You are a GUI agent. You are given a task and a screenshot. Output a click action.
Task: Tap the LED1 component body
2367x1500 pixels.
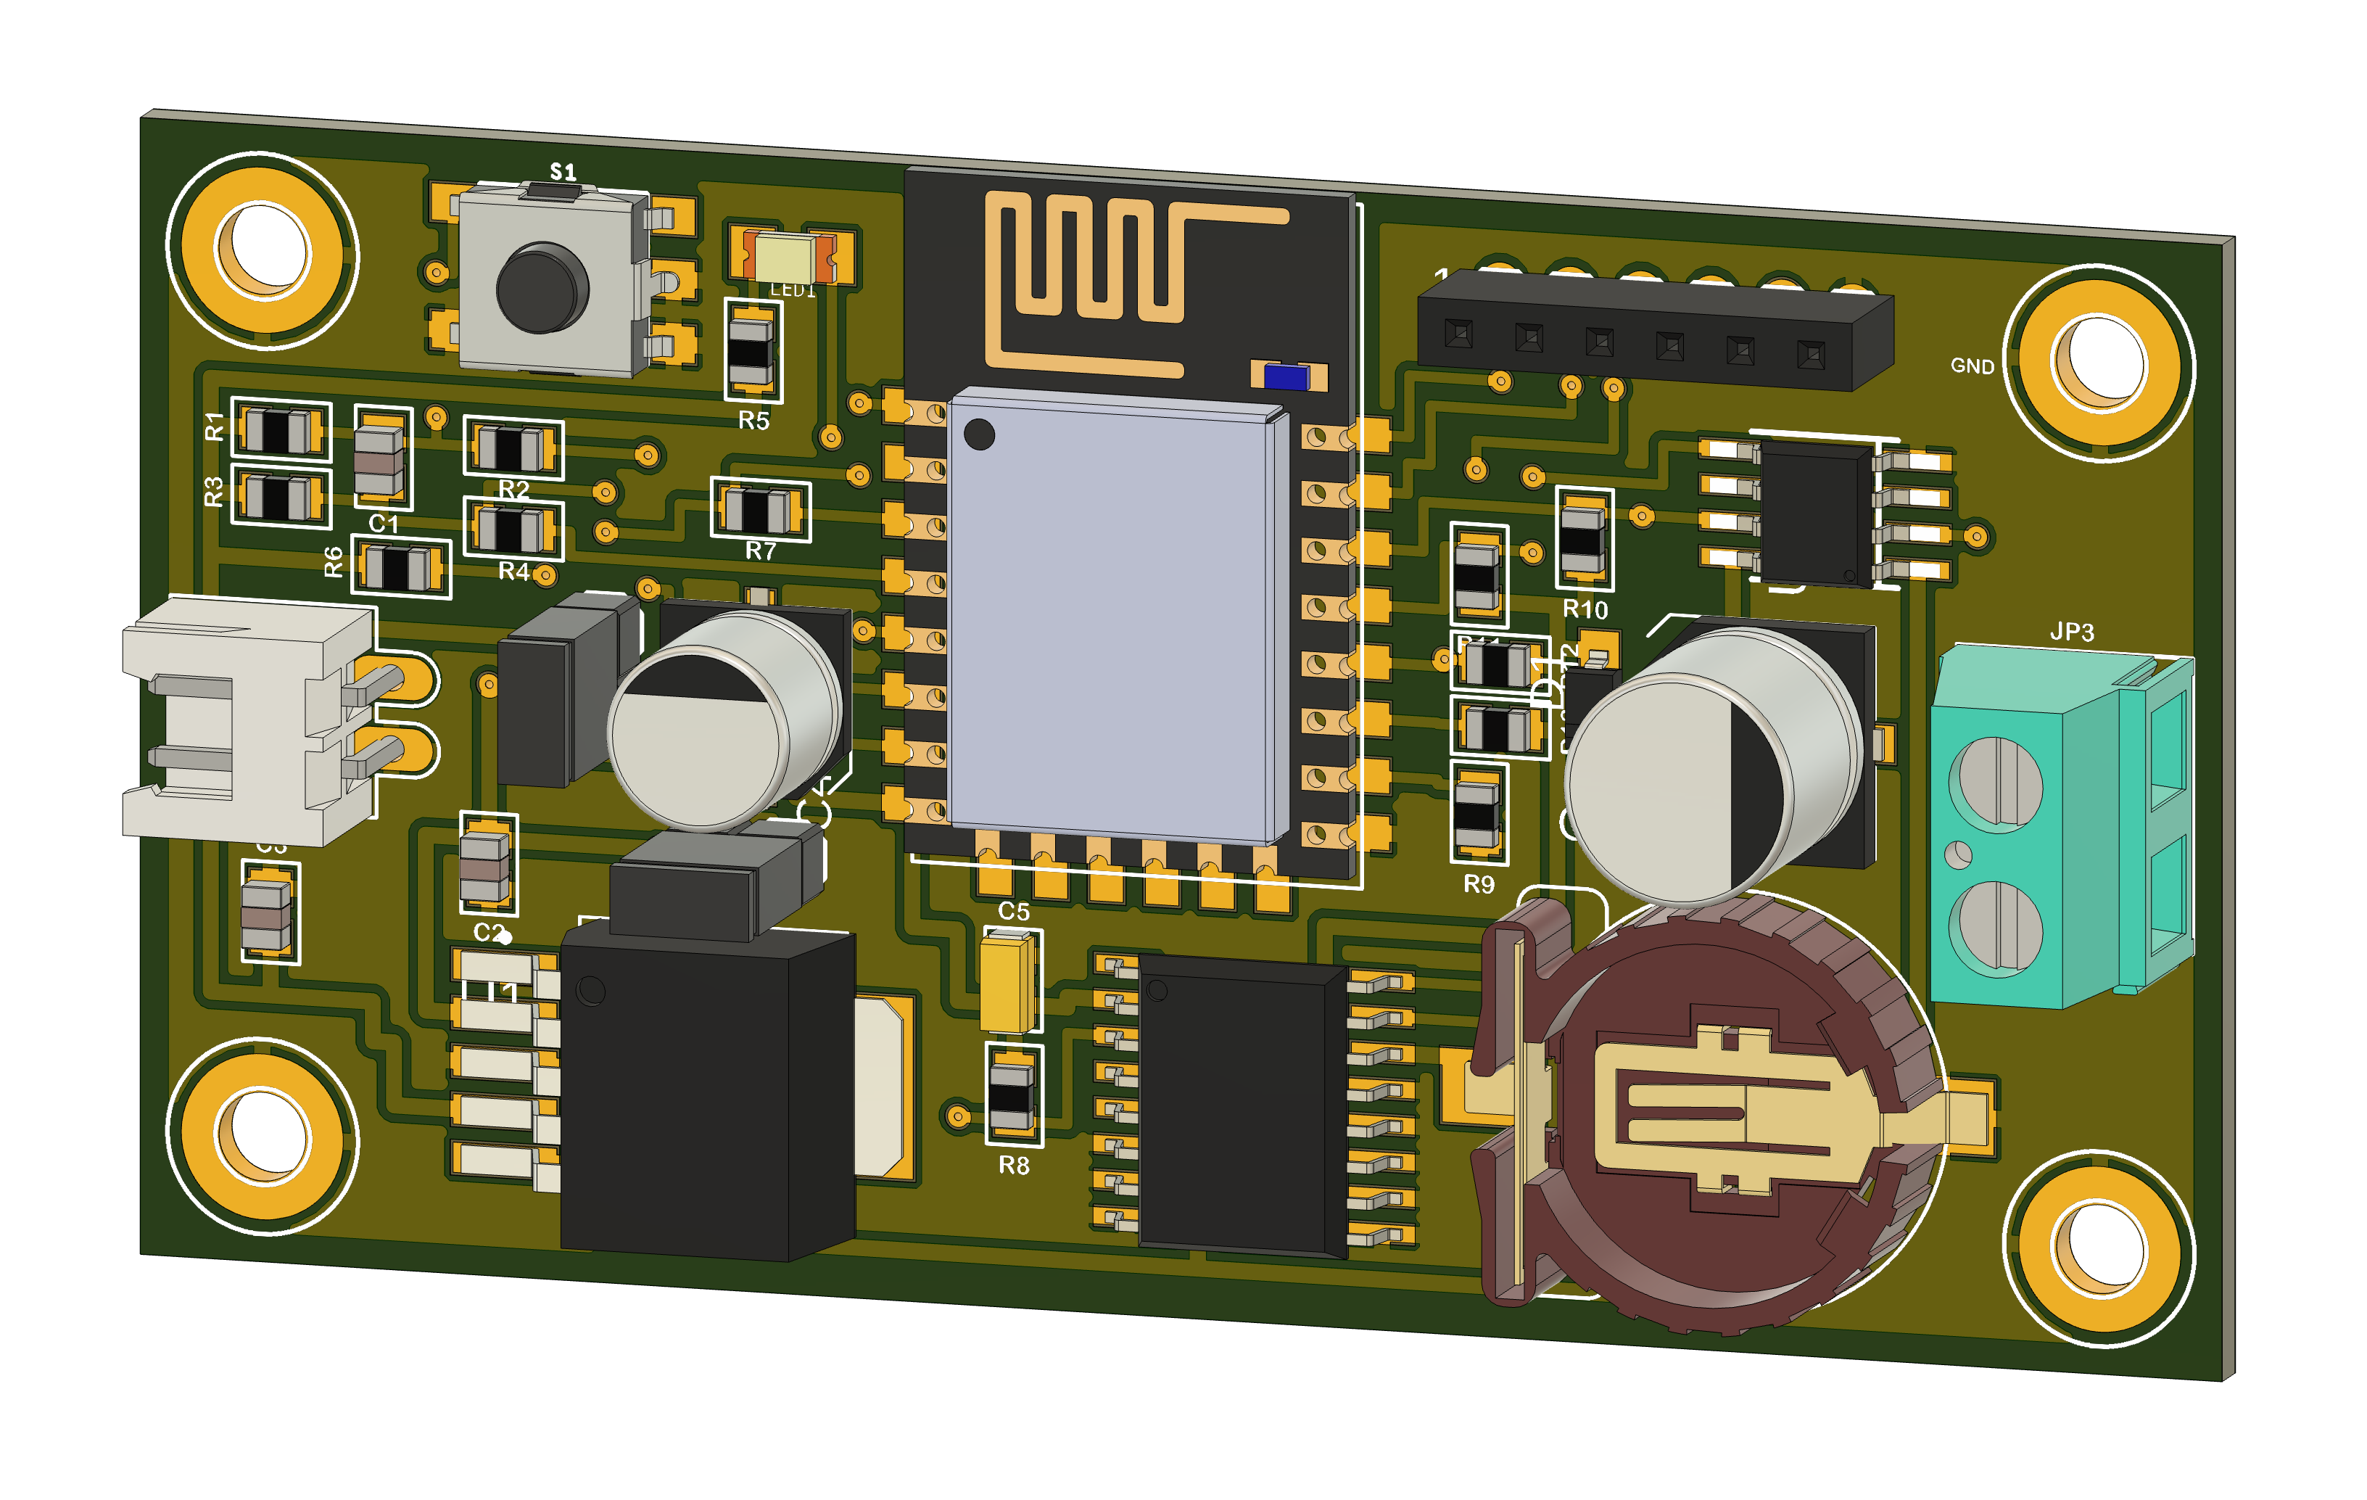pos(785,257)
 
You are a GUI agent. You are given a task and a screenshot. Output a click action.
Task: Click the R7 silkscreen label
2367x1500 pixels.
pos(760,551)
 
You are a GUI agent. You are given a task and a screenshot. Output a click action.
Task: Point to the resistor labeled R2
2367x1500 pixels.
pos(512,448)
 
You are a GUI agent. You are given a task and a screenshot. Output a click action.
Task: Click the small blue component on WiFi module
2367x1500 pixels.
pos(1286,377)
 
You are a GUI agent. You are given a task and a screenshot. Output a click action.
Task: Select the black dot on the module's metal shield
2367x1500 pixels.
pos(979,434)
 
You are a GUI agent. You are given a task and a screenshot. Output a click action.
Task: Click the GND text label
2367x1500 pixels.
pos(1971,366)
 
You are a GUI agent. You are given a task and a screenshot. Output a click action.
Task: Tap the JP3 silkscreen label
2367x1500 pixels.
pos(2071,631)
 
